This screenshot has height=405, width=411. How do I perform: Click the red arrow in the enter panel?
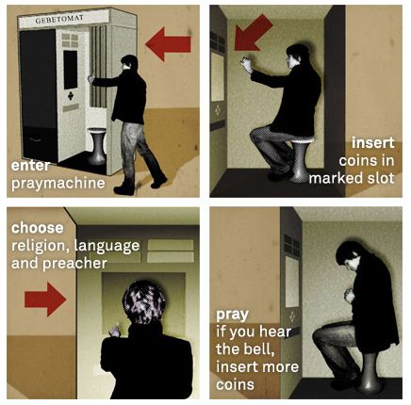pos(168,44)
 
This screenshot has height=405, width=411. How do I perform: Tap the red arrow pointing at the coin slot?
pos(252,34)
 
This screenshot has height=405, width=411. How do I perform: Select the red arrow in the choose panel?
pos(45,300)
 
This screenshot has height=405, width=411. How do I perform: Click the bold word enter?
pos(30,166)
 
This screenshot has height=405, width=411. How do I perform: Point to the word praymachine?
pos(58,184)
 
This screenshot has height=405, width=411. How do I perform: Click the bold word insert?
pos(372,143)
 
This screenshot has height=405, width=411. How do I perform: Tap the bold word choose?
pos(38,228)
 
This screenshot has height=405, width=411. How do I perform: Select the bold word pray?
pos(232,315)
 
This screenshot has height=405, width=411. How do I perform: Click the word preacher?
pos(74,264)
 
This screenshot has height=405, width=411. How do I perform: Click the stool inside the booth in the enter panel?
pos(96,146)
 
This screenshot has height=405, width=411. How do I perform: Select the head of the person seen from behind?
pos(144,302)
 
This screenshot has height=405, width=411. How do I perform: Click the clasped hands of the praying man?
pos(350,295)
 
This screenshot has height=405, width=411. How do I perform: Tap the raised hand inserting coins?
pos(247,64)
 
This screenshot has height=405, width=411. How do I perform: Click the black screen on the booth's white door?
pos(71,70)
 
